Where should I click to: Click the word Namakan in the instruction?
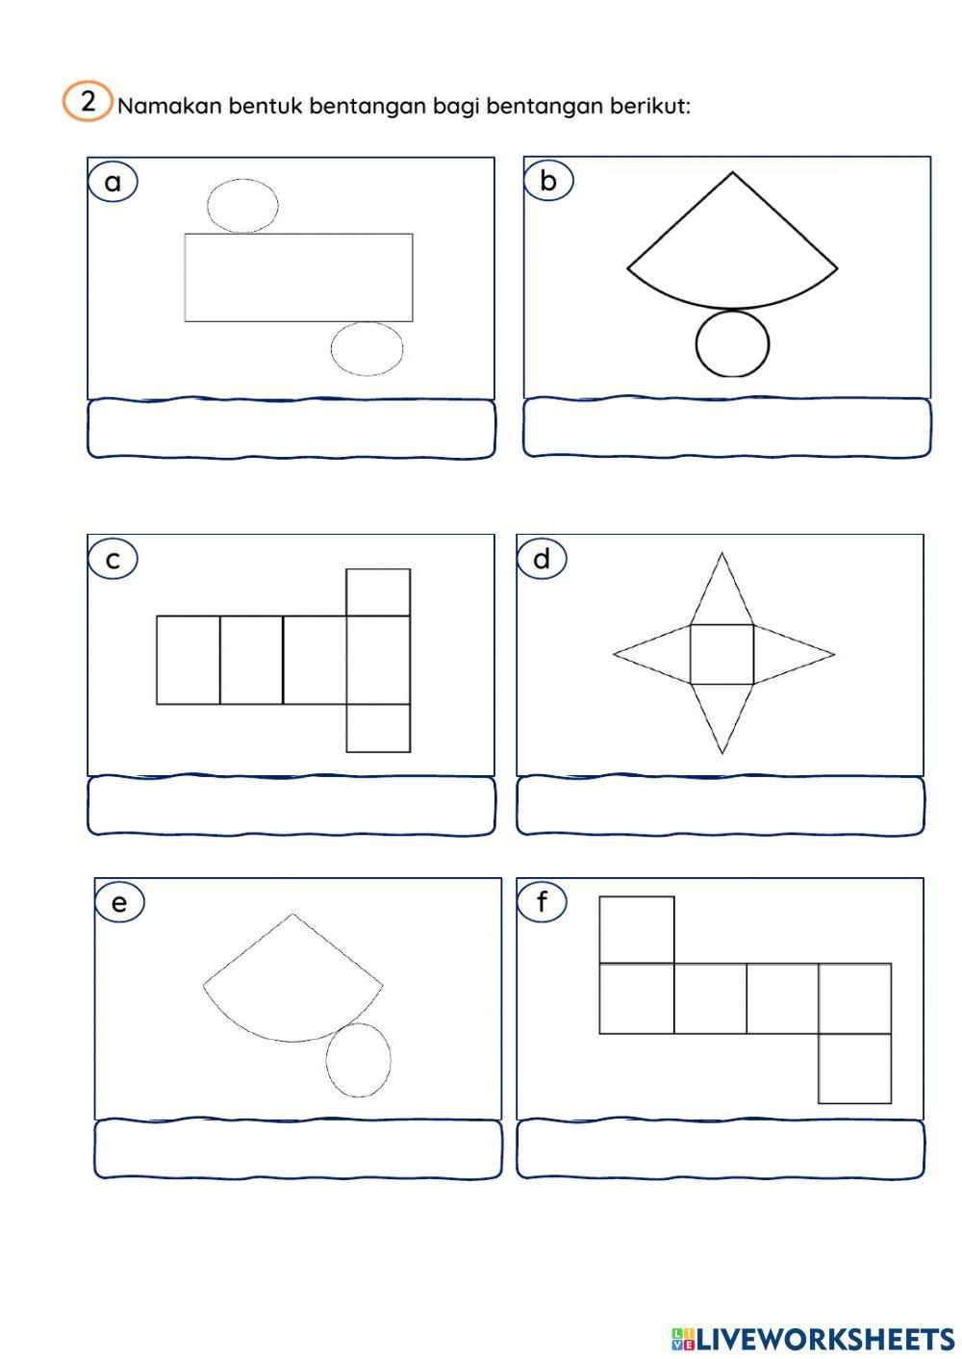click(169, 106)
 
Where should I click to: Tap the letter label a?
click(113, 182)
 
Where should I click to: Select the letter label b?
click(548, 181)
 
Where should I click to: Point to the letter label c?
click(113, 559)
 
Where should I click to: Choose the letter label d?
click(542, 559)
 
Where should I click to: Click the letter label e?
click(119, 902)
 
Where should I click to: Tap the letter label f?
click(542, 902)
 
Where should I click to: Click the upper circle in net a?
click(242, 206)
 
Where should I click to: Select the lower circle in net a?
click(367, 348)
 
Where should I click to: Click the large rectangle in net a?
click(298, 277)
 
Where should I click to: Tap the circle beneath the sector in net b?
click(732, 343)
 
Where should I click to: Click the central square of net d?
click(721, 654)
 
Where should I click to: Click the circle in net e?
click(358, 1060)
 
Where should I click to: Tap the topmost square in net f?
click(637, 930)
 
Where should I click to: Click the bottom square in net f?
click(854, 1069)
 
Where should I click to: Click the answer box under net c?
click(291, 806)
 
